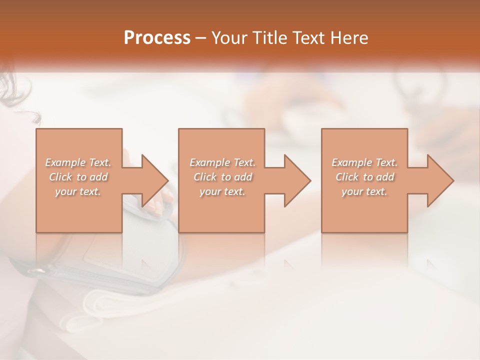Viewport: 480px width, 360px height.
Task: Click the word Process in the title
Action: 157,38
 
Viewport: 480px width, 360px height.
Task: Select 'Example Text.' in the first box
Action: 78,162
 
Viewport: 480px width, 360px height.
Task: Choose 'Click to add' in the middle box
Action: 222,177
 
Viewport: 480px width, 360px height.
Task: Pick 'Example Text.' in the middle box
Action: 222,162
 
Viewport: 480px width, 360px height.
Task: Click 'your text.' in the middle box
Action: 222,191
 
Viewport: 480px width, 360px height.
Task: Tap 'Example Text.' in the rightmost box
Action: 364,162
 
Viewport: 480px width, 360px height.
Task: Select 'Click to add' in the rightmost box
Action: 365,177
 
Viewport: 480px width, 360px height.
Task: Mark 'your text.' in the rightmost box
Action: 364,191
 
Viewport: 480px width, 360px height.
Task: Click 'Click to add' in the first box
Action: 78,177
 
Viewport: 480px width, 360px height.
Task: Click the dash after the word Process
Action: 201,38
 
